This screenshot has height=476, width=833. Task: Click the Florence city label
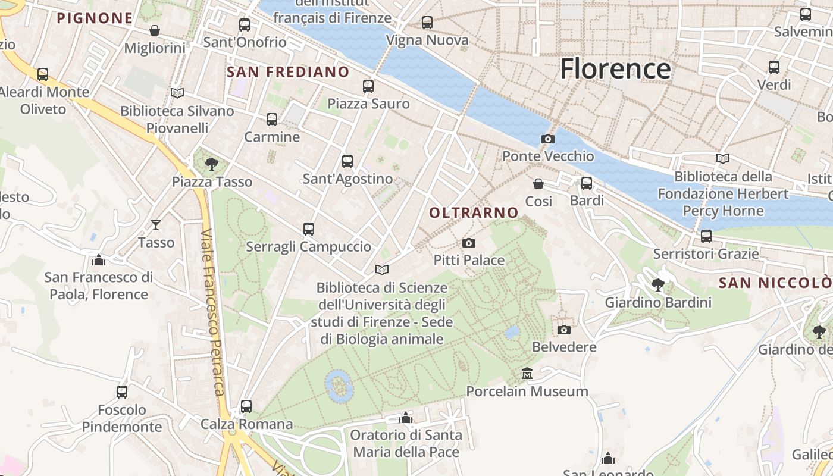click(615, 69)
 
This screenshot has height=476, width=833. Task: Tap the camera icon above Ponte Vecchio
click(548, 139)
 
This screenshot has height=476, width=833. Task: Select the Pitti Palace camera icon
click(469, 243)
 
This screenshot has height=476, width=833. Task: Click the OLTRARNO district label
click(474, 212)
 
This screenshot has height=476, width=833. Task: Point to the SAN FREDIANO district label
click(289, 72)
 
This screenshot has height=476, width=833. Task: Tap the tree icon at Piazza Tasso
click(211, 163)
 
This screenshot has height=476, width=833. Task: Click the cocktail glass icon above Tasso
click(156, 224)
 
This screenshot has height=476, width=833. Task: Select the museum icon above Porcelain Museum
click(527, 374)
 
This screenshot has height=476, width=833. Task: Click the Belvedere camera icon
click(564, 329)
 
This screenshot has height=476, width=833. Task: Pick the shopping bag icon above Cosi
click(538, 184)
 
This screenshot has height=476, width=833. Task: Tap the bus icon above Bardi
click(587, 183)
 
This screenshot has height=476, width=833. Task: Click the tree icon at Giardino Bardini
click(658, 284)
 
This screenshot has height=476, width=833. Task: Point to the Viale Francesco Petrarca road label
click(212, 312)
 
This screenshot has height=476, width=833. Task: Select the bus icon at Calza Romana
click(246, 406)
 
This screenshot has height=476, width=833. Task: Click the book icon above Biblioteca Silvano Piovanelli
click(177, 93)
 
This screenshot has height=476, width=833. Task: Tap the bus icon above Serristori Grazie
click(706, 236)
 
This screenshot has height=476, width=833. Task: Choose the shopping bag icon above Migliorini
click(155, 30)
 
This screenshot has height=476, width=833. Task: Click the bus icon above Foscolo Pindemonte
click(122, 392)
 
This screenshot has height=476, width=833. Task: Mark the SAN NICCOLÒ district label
click(775, 283)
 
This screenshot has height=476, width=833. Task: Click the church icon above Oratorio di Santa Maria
click(406, 418)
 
